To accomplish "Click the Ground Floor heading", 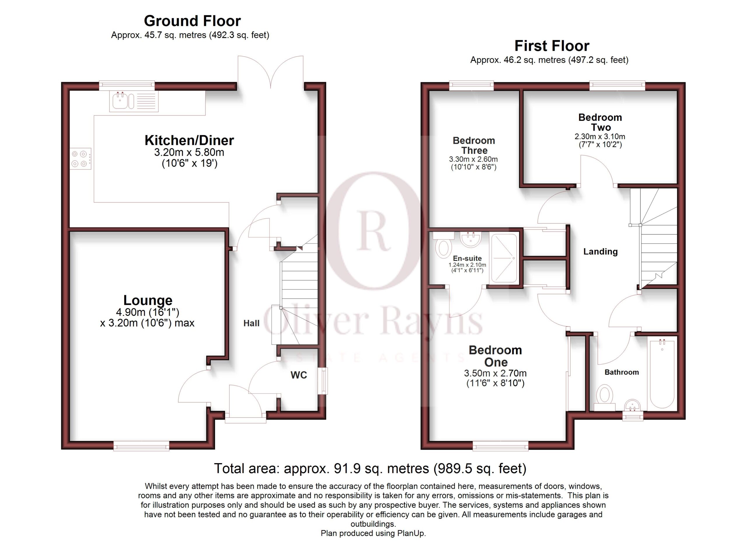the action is click(192, 21).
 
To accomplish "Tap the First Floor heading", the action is click(552, 46).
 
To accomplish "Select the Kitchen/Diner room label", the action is click(189, 140).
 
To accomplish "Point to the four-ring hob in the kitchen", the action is click(80, 158).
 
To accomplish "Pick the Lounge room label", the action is click(148, 300).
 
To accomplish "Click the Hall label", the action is click(251, 323).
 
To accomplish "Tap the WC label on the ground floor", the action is click(299, 375).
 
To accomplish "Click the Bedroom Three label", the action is click(474, 146).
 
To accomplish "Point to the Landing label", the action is click(601, 251).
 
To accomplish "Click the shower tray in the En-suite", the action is click(504, 258).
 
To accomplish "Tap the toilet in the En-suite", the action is click(443, 245).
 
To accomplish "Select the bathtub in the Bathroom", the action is click(662, 374).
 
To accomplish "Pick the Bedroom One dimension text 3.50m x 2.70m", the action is click(495, 373).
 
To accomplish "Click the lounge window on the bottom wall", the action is click(141, 446).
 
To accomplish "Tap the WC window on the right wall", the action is click(324, 381).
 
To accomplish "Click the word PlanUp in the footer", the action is click(411, 533).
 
